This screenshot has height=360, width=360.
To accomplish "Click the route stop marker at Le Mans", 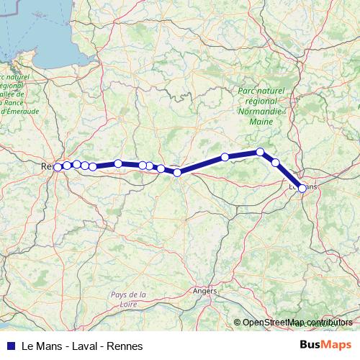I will pos(302,188).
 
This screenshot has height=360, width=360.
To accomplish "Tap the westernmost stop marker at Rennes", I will pos(58,167).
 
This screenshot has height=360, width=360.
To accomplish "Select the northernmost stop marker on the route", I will pos(260,152).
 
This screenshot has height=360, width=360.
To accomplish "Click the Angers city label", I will pos(204,291).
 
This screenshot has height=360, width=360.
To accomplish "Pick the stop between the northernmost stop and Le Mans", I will pos(275,163).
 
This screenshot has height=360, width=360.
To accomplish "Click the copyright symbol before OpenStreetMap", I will pos(238,323).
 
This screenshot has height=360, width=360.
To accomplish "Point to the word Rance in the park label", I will pos(15,102).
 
